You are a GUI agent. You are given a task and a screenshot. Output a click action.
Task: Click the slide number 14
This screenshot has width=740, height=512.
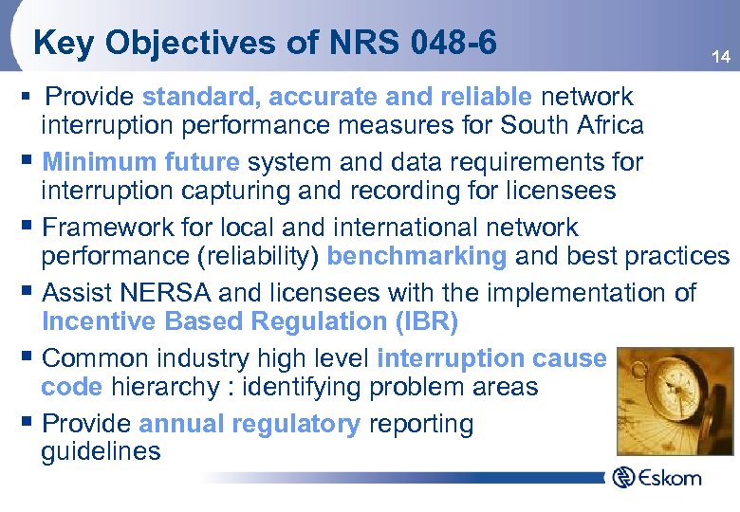pos(721,58)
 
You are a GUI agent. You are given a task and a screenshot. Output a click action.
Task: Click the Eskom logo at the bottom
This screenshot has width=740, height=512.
pos(657,477)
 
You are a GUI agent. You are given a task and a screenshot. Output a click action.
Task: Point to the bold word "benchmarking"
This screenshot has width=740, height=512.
pos(416,256)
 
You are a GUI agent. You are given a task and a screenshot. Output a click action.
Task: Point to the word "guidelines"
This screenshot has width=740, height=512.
pos(101,451)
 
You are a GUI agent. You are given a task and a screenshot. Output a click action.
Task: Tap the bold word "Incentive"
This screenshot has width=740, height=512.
pos(100,321)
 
